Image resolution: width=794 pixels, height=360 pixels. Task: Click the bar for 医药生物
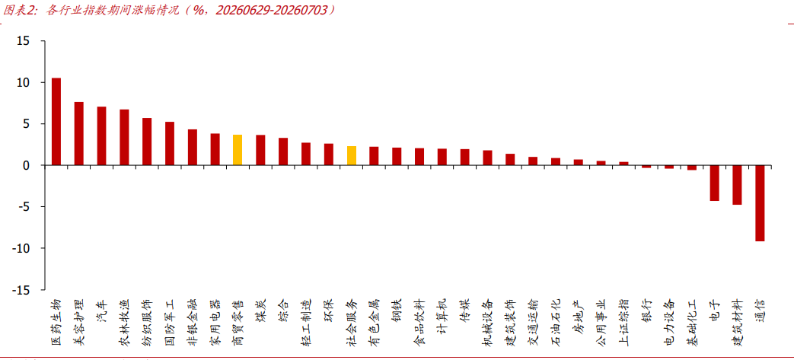[x=56, y=122]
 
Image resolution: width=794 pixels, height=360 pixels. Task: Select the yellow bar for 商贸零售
[x=238, y=150]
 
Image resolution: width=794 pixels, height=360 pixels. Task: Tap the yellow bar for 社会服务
[x=352, y=155]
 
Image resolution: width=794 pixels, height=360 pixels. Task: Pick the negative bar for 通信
[x=760, y=203]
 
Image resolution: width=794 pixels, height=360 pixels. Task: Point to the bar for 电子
[x=715, y=183]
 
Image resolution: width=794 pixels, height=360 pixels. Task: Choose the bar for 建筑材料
[x=737, y=185]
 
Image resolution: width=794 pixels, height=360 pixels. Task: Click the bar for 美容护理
[x=79, y=134]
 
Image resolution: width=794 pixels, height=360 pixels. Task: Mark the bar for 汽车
[x=102, y=135]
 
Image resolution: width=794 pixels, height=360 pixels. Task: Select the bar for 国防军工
[x=170, y=143]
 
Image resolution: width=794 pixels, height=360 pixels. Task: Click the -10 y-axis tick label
[x=24, y=248]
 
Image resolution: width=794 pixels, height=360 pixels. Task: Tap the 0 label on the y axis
[x=29, y=165]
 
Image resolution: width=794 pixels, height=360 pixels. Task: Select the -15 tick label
[x=24, y=290]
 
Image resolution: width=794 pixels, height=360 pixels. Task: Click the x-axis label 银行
[x=646, y=310]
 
